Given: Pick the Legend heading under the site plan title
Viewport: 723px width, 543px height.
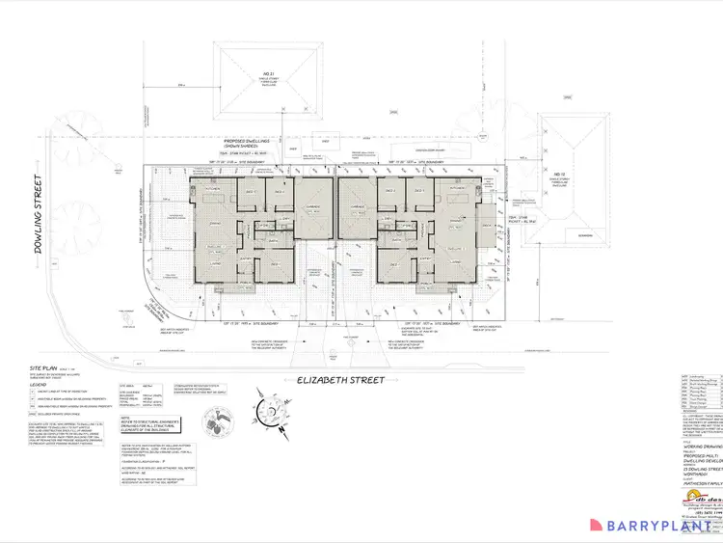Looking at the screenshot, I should pyautogui.click(x=38, y=384).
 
